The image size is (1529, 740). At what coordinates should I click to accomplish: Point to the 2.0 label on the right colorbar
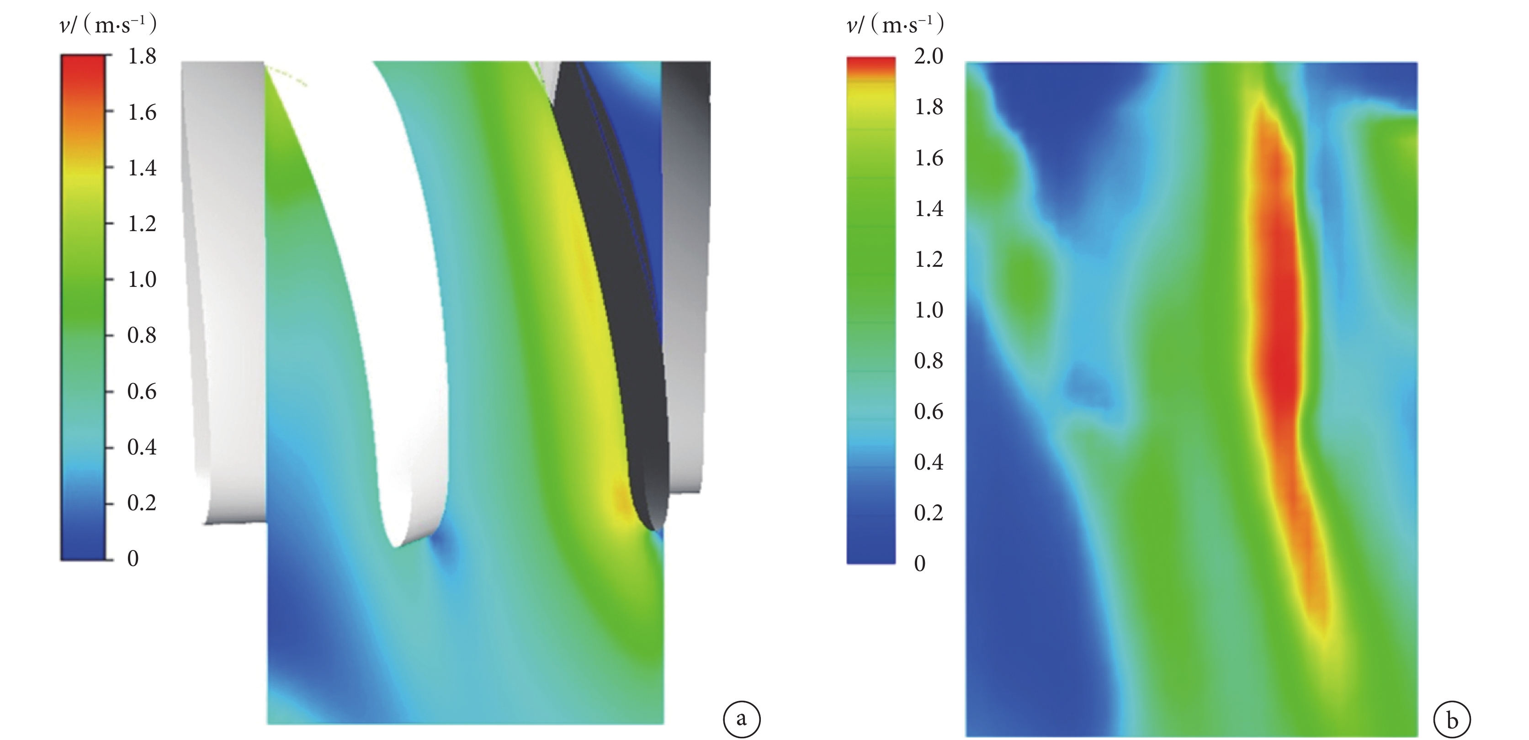tap(929, 56)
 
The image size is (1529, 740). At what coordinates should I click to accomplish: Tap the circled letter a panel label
tap(741, 720)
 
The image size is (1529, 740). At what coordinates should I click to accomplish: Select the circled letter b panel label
tap(1452, 720)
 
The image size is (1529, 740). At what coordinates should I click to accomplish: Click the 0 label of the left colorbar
tap(133, 558)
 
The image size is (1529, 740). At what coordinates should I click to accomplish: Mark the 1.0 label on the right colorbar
tap(929, 310)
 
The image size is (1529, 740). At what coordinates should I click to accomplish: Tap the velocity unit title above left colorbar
tap(109, 26)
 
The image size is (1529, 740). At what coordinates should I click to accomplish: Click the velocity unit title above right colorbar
tap(895, 26)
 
